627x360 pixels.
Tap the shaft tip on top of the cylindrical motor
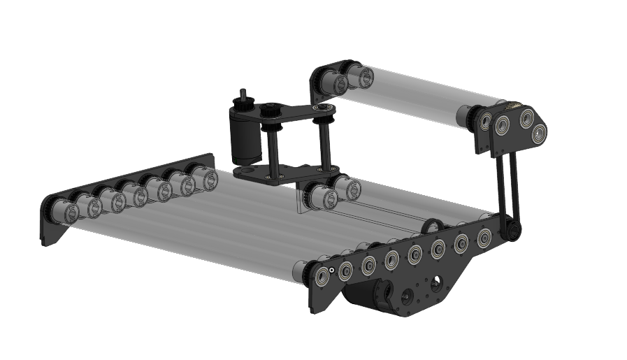click(243, 94)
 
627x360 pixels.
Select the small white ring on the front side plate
click(333, 266)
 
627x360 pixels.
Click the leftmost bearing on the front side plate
click(322, 275)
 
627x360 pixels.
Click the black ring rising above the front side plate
click(432, 226)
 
